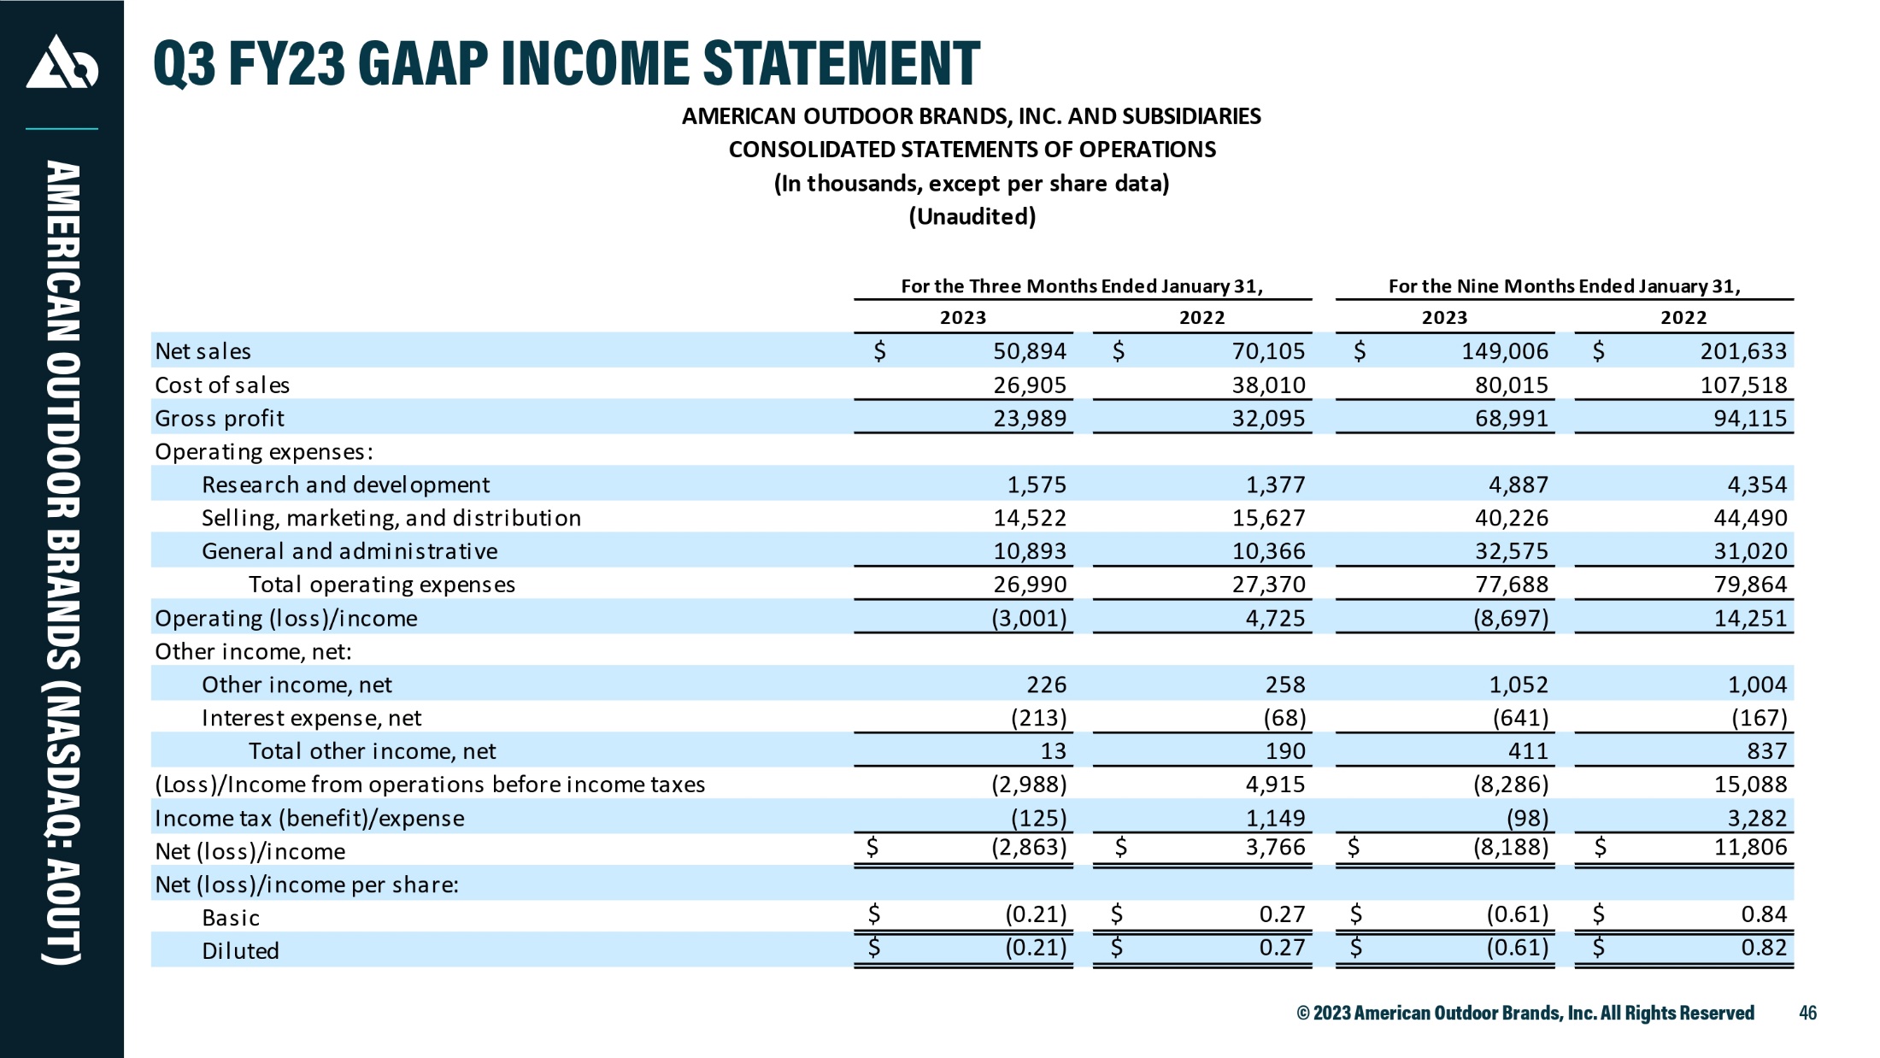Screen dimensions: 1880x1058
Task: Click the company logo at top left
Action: coord(62,62)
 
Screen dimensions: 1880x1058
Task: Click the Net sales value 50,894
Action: coord(1030,351)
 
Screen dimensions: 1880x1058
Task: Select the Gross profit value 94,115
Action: coord(1750,418)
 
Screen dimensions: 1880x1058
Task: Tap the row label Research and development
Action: coord(345,485)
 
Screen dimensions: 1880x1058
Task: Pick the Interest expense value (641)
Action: coord(1520,718)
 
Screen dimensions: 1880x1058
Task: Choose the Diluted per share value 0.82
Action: coord(1764,948)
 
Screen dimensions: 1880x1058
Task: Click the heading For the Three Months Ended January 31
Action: coord(1082,286)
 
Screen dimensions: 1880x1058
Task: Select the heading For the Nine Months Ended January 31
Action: coord(1565,286)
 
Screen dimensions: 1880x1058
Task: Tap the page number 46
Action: coord(1807,1013)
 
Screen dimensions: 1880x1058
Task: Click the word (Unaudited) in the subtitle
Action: coord(972,216)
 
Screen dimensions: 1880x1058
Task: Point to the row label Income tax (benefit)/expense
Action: coord(309,819)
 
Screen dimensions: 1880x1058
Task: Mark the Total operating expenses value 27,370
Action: coord(1268,585)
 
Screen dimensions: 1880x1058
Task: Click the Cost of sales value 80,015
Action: coord(1511,385)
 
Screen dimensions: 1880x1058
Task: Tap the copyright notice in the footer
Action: coord(1525,1013)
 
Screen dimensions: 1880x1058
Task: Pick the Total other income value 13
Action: coord(1054,751)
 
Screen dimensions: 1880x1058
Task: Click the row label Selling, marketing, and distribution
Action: coord(391,518)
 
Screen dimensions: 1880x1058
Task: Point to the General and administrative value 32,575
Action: coord(1511,551)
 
